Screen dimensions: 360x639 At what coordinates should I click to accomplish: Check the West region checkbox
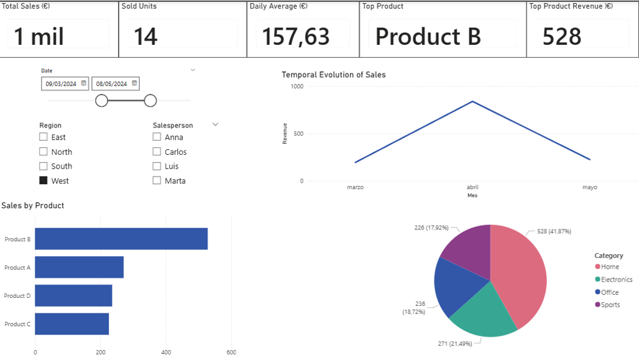[44, 180]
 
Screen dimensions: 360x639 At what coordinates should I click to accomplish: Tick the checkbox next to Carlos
[157, 152]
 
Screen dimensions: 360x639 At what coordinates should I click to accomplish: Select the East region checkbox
[44, 137]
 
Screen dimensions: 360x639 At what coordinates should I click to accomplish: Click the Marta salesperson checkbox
[157, 180]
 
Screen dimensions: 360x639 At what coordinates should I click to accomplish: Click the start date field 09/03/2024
[61, 84]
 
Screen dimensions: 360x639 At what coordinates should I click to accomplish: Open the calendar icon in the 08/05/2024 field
[134, 83]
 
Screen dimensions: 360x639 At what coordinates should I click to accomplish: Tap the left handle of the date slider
[101, 101]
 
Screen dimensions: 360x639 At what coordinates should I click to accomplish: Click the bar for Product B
[121, 239]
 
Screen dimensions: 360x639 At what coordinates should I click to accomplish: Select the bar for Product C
[71, 324]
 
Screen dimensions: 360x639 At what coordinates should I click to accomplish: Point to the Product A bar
[79, 267]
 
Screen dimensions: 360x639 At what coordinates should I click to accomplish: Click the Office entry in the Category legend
[609, 292]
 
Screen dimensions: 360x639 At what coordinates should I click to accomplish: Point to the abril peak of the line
[472, 101]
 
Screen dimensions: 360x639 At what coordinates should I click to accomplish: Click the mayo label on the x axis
[589, 187]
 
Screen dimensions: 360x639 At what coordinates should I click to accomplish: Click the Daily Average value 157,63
[295, 37]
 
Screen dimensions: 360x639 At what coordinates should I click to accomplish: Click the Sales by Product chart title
[33, 206]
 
